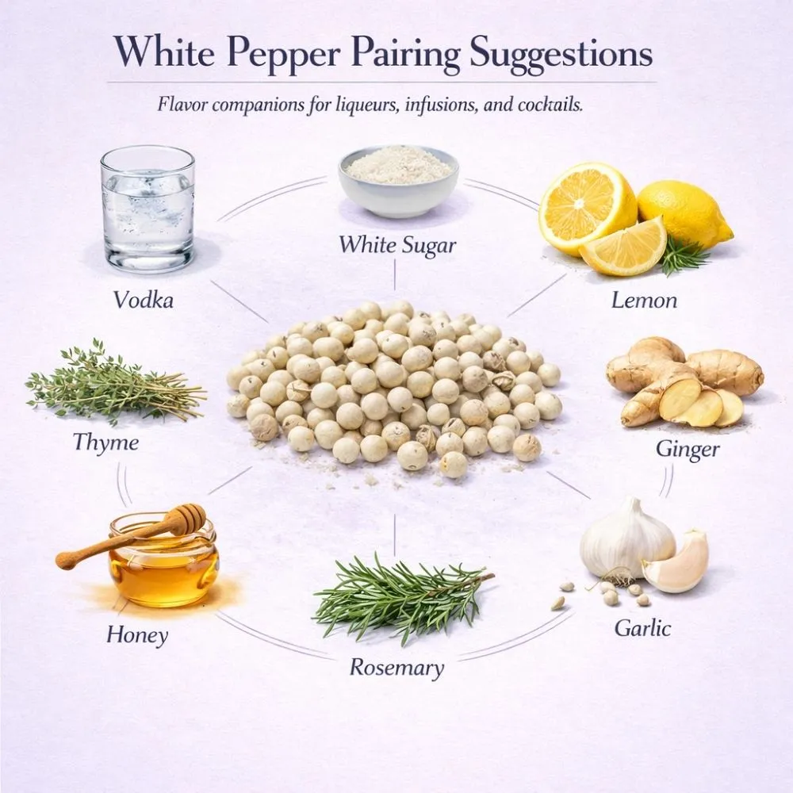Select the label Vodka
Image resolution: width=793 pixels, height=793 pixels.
pos(143,300)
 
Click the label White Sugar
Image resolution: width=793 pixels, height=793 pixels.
pos(397,245)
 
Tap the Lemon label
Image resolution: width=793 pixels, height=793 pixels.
pos(644,301)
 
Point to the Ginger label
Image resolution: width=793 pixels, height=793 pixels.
pos(688,450)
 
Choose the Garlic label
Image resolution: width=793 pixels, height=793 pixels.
pos(642,628)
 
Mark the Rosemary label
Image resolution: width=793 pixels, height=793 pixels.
pos(396,667)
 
